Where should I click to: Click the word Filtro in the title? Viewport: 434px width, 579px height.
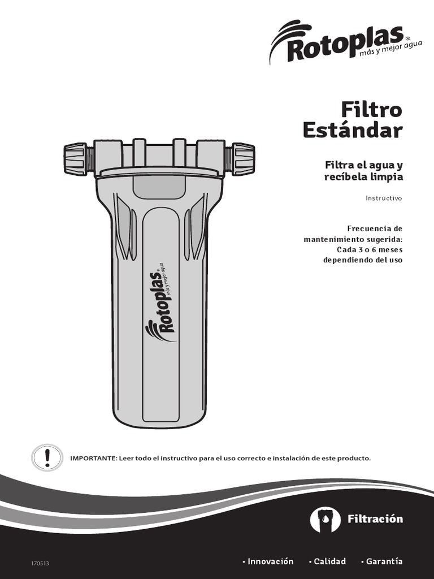[371, 109]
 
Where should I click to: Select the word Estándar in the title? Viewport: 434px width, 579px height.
[353, 131]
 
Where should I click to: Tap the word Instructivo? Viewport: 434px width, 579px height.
[384, 198]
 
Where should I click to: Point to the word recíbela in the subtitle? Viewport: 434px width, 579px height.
[346, 177]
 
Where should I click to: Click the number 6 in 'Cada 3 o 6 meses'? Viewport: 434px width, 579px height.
[374, 249]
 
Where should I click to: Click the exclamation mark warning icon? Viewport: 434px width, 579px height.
[47, 457]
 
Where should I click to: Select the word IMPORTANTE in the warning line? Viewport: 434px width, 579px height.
[93, 459]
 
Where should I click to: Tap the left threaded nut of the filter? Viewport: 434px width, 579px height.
[76, 159]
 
